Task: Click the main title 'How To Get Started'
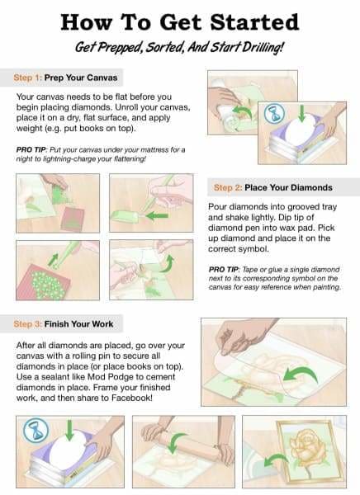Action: click(x=179, y=21)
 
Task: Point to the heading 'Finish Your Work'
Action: click(x=88, y=323)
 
